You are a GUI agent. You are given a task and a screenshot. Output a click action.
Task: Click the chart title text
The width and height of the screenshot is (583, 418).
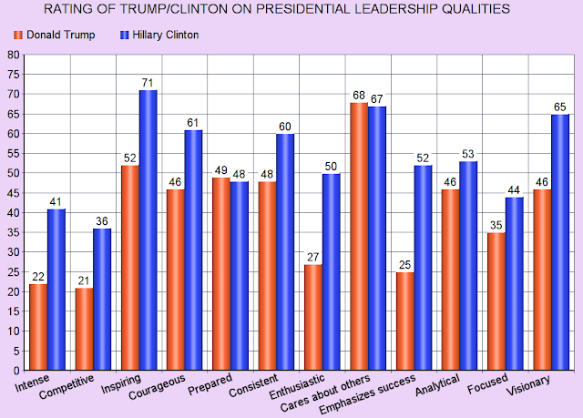tap(291, 11)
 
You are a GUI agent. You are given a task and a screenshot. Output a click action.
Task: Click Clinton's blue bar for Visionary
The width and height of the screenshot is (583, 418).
tap(559, 242)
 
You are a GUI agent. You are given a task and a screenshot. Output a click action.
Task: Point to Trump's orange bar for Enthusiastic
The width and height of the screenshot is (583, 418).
tap(313, 317)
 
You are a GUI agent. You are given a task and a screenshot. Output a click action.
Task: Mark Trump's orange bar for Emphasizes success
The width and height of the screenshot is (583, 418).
tap(404, 321)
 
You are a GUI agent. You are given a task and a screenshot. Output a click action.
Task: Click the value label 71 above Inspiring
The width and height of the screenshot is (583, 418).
tap(148, 84)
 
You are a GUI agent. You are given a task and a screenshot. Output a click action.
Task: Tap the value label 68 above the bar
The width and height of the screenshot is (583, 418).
tap(358, 96)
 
